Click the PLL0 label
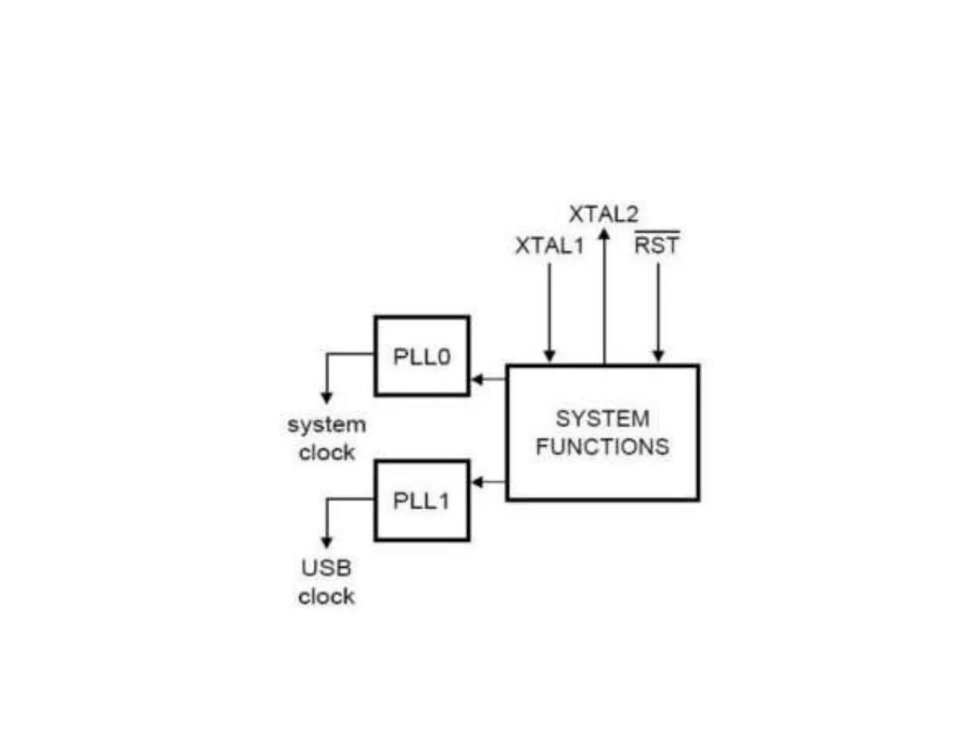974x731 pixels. (422, 357)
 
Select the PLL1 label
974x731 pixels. (421, 501)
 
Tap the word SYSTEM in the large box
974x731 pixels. (603, 419)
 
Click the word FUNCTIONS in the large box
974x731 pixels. (603, 447)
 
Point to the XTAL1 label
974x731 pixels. (550, 246)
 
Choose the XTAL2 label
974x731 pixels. (604, 214)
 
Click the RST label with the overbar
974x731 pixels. (657, 246)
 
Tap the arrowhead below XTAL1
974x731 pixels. (550, 355)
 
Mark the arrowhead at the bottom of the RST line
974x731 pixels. (658, 355)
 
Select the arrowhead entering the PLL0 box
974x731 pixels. (477, 379)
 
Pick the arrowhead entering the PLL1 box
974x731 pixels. (477, 482)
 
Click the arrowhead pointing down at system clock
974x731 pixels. (327, 398)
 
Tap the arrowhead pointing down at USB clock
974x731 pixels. (327, 542)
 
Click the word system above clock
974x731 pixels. (327, 425)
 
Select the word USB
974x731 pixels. (327, 568)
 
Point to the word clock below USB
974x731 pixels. (327, 597)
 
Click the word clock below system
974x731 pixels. (327, 453)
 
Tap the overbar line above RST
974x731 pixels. (657, 232)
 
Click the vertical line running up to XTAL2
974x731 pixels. (604, 305)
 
